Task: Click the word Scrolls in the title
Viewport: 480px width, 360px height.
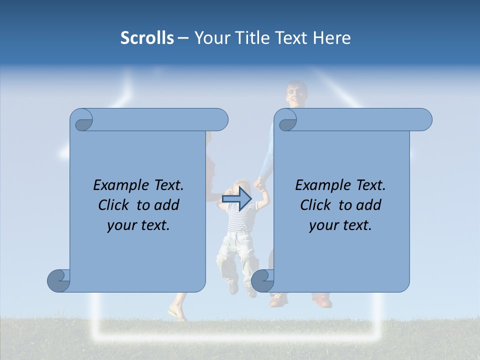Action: (x=147, y=38)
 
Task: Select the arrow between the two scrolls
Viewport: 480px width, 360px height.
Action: (x=236, y=199)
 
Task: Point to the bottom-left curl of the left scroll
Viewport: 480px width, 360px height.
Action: (x=59, y=280)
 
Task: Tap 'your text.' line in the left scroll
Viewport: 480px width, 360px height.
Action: (x=138, y=225)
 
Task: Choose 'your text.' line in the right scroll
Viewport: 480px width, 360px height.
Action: (x=340, y=225)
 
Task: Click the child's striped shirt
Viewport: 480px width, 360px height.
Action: (x=240, y=220)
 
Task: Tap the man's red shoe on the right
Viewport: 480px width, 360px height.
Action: (x=322, y=300)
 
